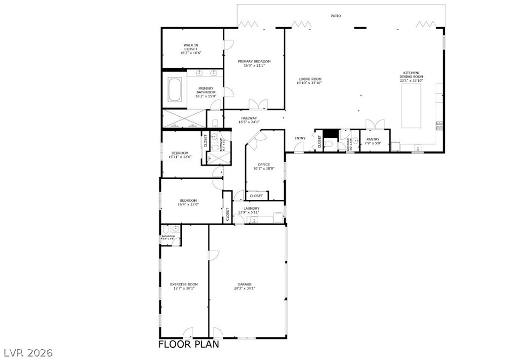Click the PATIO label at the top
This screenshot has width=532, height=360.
pos(335,16)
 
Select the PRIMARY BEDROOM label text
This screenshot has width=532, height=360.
pos(254,62)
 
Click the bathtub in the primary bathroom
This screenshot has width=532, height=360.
pos(174,90)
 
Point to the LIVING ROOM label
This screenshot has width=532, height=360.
pos(310,79)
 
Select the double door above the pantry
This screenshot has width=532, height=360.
pos(374,123)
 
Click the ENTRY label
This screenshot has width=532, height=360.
pos(300,138)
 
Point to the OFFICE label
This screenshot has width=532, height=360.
pos(264,164)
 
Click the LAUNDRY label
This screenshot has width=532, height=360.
pos(251,208)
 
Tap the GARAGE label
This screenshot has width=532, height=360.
pos(245,284)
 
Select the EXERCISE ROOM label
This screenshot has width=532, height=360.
pos(184,284)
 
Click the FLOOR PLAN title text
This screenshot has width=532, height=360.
pos(189,344)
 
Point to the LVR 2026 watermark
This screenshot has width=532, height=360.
pos(28,353)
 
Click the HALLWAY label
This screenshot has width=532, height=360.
pos(249,118)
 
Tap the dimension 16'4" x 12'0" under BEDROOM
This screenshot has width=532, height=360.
pos(188,204)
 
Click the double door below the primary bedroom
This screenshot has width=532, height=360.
pos(258,104)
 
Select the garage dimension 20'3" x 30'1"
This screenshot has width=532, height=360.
pos(245,288)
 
